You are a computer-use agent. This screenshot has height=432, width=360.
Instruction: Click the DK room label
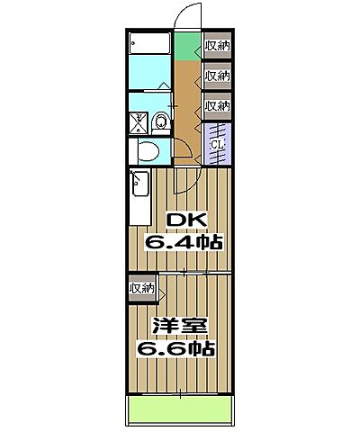184,221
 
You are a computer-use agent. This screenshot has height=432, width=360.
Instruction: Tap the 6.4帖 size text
184,241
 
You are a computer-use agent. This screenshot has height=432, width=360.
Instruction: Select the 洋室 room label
175,326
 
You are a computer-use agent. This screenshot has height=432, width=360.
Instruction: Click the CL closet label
217,144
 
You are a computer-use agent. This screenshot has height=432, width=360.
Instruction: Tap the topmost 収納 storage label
217,45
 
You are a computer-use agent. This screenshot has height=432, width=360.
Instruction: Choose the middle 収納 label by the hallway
217,76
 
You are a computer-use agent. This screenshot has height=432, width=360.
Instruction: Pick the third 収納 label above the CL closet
217,105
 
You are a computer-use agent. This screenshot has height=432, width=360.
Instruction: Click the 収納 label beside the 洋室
141,288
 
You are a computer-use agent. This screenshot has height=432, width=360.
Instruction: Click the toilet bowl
159,120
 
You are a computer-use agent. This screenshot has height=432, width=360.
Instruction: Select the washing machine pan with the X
138,120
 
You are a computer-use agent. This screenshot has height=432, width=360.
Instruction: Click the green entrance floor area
187,46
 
